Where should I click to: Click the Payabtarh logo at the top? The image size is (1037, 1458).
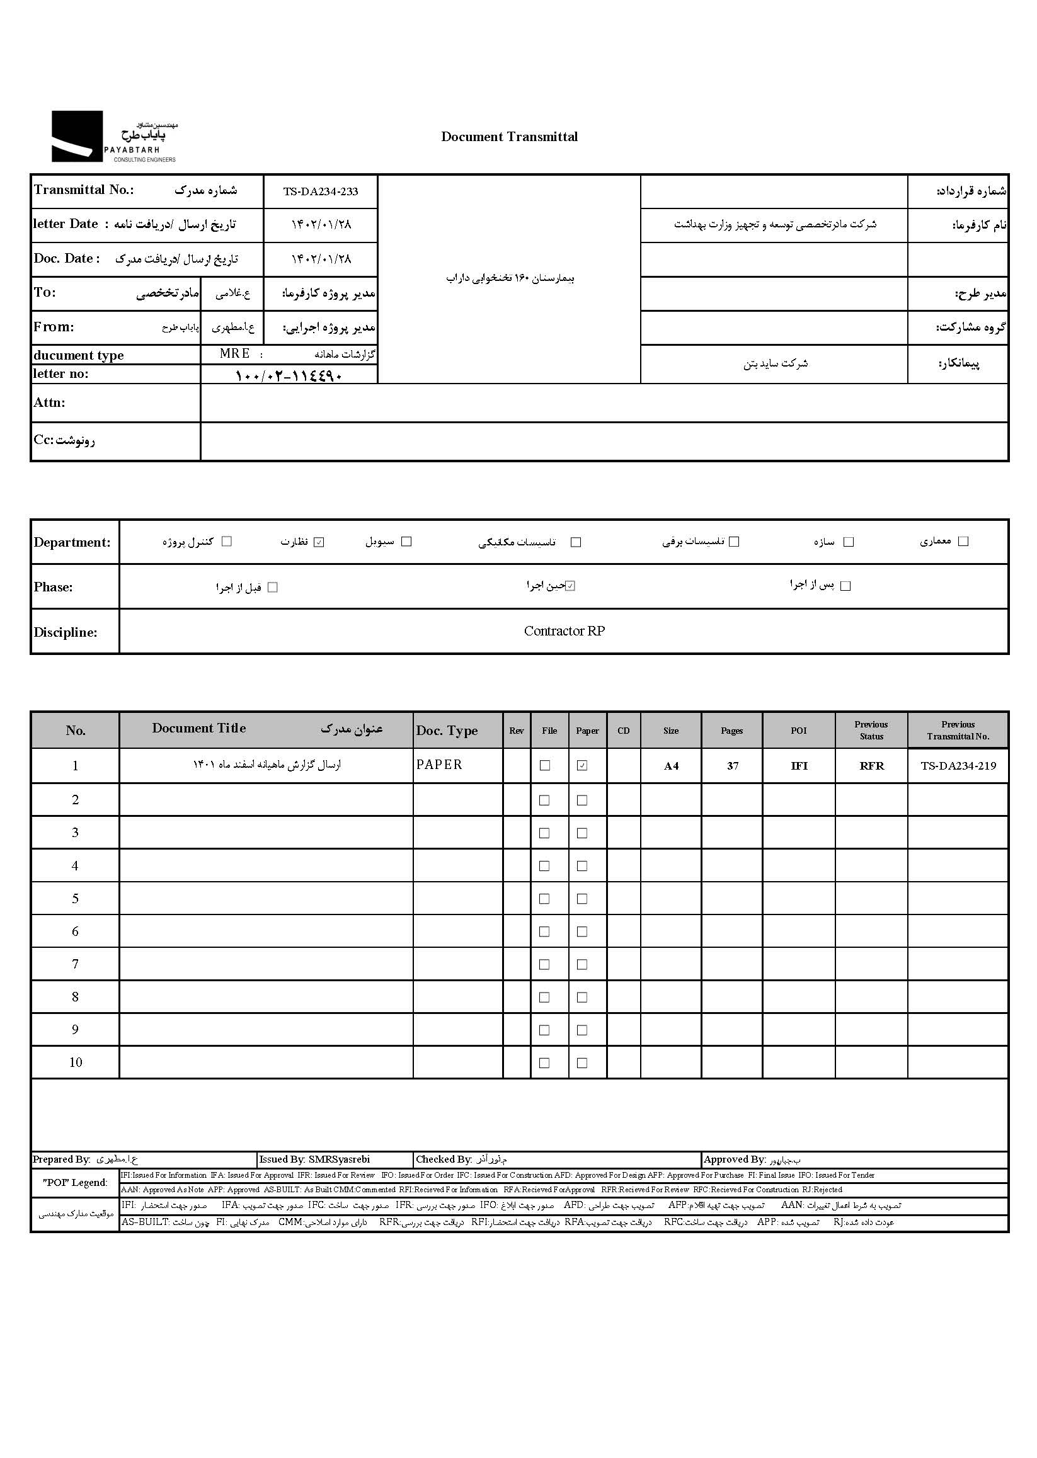pyautogui.click(x=113, y=137)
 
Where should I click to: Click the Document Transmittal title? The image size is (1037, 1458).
pyautogui.click(x=509, y=137)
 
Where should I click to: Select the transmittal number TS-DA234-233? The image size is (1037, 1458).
pyautogui.click(x=321, y=191)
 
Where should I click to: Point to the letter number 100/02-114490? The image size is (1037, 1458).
pyautogui.click(x=289, y=376)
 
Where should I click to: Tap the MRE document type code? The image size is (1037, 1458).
pyautogui.click(x=234, y=354)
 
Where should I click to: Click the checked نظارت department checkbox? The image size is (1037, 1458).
pyautogui.click(x=319, y=542)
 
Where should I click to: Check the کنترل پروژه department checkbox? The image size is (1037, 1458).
pyautogui.click(x=226, y=542)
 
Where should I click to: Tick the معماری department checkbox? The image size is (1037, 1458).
pyautogui.click(x=963, y=542)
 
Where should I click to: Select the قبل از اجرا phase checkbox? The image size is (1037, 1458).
pyautogui.click(x=273, y=587)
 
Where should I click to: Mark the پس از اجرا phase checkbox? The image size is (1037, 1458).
pyautogui.click(x=845, y=586)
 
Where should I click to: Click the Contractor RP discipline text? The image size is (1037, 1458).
pyautogui.click(x=564, y=630)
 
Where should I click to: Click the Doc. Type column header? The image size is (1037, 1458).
pyautogui.click(x=447, y=731)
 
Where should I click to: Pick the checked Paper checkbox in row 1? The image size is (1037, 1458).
pyautogui.click(x=582, y=765)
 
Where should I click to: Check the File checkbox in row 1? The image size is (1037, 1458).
pyautogui.click(x=545, y=765)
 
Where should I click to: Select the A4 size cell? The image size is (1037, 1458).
pyautogui.click(x=670, y=766)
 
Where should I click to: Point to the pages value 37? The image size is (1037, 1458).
pyautogui.click(x=732, y=766)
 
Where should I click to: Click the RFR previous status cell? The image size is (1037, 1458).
pyautogui.click(x=871, y=766)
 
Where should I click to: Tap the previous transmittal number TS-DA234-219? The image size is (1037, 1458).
pyautogui.click(x=958, y=766)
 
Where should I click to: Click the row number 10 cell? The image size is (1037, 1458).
pyautogui.click(x=76, y=1062)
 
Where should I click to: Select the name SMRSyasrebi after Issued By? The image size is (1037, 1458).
pyautogui.click(x=338, y=1159)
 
